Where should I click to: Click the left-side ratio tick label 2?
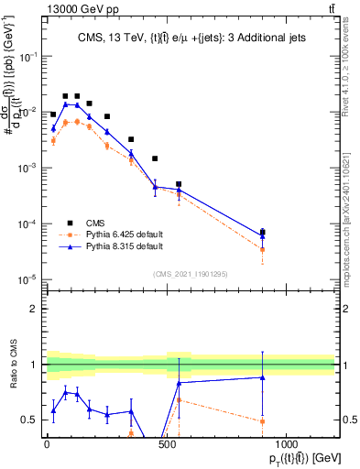[x=34, y=309]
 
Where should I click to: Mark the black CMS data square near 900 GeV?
[x=263, y=232]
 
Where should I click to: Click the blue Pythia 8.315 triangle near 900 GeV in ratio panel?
[x=263, y=377]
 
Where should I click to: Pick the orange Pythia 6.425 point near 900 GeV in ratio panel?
[x=263, y=421]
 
